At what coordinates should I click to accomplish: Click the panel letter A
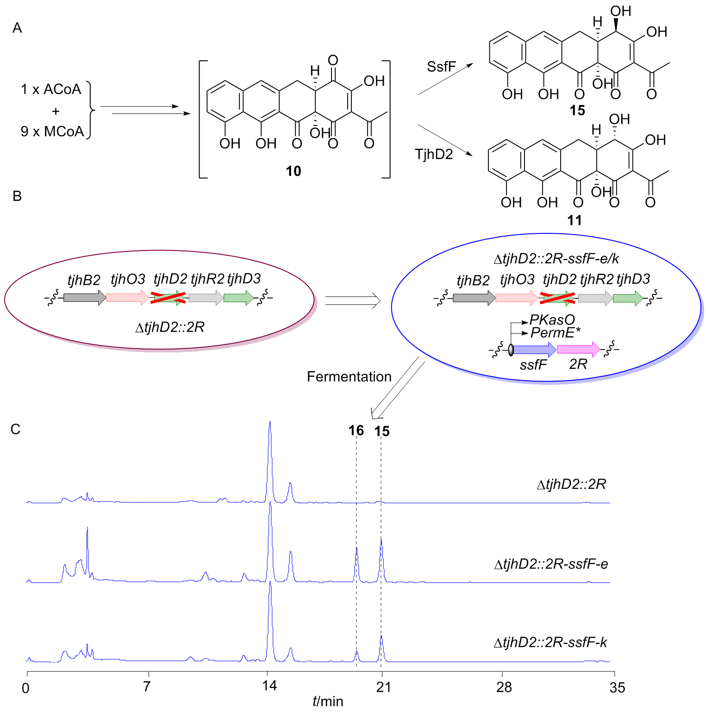(17, 28)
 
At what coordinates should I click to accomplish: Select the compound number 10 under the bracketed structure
(294, 171)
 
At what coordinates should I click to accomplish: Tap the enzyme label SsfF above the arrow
(442, 67)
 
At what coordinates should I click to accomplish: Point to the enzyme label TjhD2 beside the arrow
(434, 154)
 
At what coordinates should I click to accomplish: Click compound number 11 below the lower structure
(575, 220)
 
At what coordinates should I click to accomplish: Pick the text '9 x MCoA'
(52, 132)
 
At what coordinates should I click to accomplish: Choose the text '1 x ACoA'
(51, 89)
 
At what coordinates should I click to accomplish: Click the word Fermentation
(349, 376)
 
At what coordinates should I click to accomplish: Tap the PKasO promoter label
(552, 319)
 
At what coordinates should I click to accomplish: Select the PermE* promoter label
(556, 332)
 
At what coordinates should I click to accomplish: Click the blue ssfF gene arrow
(535, 350)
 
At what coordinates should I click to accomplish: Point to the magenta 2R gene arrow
(579, 349)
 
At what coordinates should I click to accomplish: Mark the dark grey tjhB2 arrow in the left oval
(85, 298)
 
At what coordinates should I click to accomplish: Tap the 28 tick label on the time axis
(504, 687)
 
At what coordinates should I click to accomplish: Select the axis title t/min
(328, 701)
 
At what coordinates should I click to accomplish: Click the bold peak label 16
(356, 431)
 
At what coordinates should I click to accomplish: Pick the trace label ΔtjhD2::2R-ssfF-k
(550, 642)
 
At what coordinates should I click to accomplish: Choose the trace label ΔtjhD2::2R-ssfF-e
(551, 564)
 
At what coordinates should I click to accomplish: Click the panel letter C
(16, 429)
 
